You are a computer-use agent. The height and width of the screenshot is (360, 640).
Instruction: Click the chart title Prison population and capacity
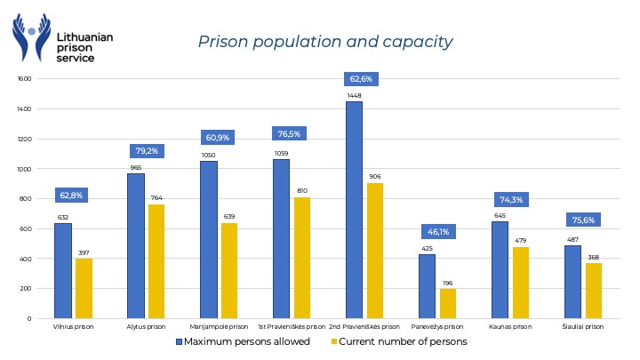324,41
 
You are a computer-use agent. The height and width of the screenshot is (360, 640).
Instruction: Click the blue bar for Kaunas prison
500,269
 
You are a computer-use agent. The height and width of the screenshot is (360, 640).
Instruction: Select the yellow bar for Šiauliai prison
593,291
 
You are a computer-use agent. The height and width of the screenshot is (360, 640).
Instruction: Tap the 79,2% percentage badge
146,151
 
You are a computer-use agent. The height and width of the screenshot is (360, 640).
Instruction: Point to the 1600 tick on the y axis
24,79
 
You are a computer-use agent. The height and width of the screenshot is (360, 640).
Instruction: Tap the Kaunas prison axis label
510,327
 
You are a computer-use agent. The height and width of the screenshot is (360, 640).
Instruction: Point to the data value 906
374,176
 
